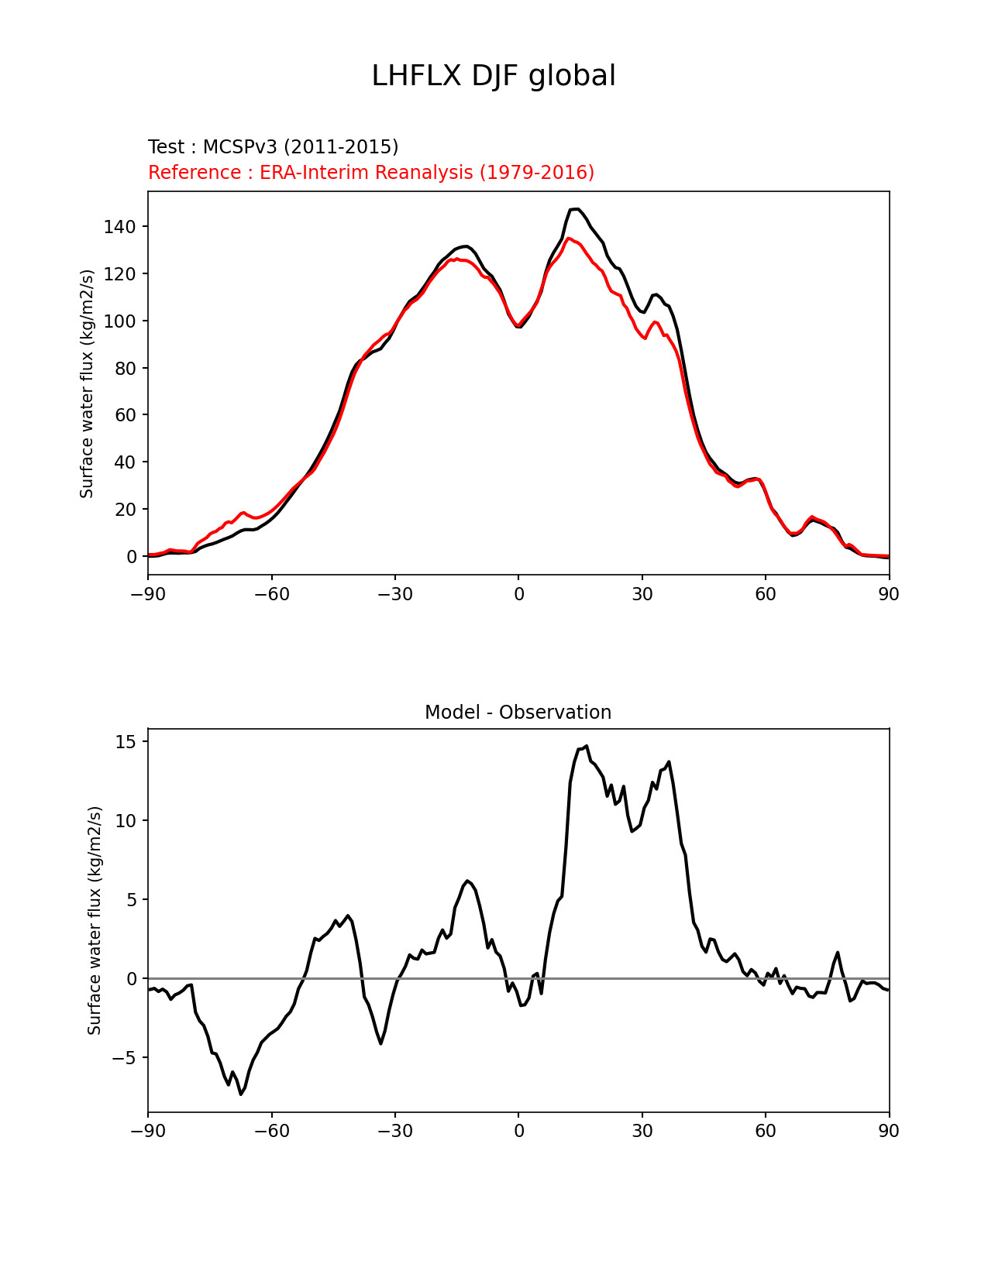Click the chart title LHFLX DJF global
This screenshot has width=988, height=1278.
pyautogui.click(x=494, y=76)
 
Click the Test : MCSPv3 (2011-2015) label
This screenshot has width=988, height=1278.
pyautogui.click(x=273, y=147)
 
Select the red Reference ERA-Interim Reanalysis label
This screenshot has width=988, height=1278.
pyautogui.click(x=371, y=172)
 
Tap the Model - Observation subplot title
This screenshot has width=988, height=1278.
pyautogui.click(x=518, y=713)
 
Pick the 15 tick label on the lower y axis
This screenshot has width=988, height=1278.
pyautogui.click(x=126, y=742)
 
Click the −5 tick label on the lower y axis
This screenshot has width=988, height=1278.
pyautogui.click(x=126, y=1058)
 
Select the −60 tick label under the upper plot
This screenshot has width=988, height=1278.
pyautogui.click(x=271, y=594)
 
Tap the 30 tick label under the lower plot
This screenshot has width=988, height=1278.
pyautogui.click(x=642, y=1131)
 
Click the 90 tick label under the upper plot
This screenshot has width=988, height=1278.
pyautogui.click(x=889, y=594)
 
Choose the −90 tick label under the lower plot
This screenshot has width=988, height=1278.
pyautogui.click(x=148, y=1131)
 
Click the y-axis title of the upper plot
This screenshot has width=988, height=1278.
pyautogui.click(x=87, y=383)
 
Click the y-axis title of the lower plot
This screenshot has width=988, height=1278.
pyautogui.click(x=95, y=920)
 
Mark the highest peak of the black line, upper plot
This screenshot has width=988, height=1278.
pyautogui.click(x=576, y=209)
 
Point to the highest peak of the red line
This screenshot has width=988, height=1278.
pyautogui.click(x=569, y=239)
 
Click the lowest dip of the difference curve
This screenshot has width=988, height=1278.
pyautogui.click(x=241, y=1094)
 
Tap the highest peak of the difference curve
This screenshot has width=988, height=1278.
pyautogui.click(x=587, y=746)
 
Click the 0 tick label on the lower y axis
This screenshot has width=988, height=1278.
pyautogui.click(x=131, y=979)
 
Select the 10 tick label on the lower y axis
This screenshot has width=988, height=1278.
pyautogui.click(x=126, y=821)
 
